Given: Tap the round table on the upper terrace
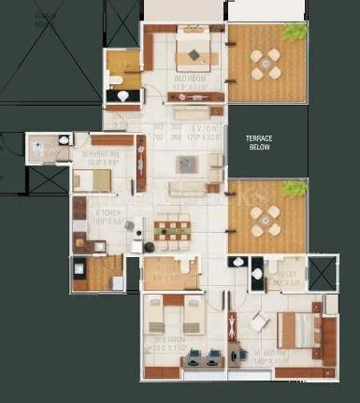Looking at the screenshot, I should [x=265, y=64].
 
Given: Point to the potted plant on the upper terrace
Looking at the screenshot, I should [x=297, y=31].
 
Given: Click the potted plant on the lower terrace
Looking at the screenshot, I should [x=297, y=188].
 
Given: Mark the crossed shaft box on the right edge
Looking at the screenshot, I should [x=322, y=274].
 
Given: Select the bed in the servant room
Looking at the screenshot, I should [x=94, y=180].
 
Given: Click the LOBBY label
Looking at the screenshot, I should [x=122, y=116].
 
